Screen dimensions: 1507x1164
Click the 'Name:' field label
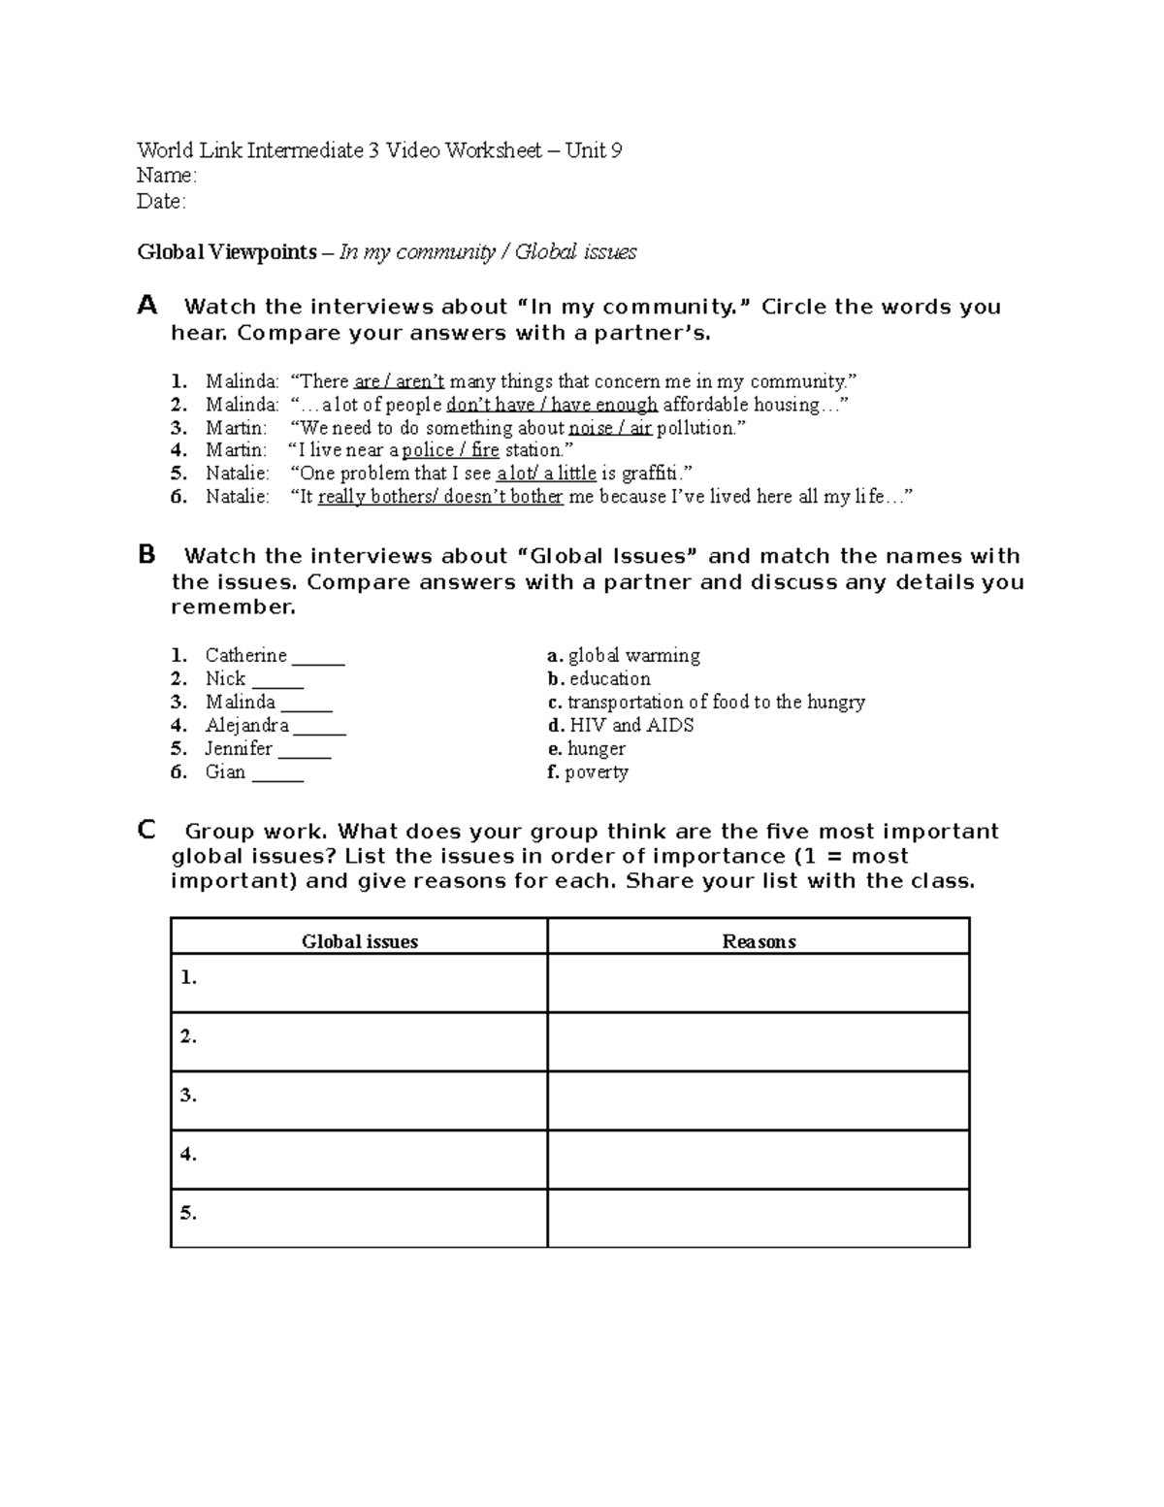pos(167,176)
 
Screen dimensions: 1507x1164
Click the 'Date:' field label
pos(161,201)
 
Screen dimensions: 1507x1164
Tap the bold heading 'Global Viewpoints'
pos(227,252)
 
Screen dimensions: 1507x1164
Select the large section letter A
pos(147,306)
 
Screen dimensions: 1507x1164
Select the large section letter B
pos(147,555)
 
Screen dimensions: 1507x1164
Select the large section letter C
pos(147,831)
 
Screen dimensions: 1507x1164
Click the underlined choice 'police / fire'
pos(450,450)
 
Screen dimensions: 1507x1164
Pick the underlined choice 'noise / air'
pos(610,428)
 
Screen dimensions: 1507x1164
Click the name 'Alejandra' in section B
pos(246,726)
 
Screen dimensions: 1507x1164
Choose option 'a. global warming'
pos(624,656)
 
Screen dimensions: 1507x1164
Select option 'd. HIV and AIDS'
pos(621,726)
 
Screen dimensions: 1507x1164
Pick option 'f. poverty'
pos(588,772)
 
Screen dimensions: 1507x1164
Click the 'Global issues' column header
pos(360,941)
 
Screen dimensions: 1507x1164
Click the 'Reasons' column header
pos(759,941)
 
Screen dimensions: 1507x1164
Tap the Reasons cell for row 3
pos(759,1100)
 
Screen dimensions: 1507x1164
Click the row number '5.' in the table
pos(188,1213)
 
